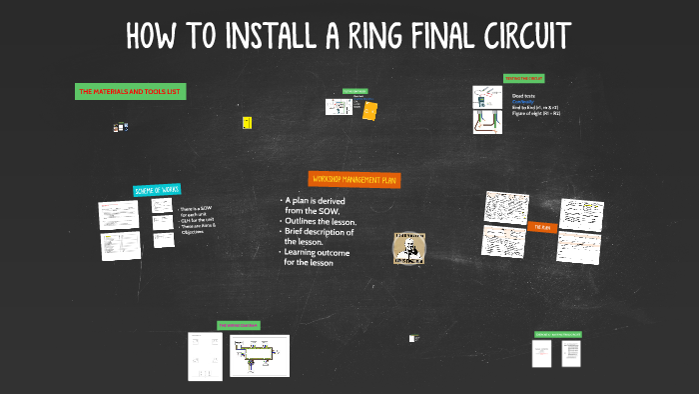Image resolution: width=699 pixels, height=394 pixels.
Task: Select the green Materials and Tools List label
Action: (x=130, y=92)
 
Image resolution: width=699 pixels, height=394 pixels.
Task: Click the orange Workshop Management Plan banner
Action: (x=354, y=179)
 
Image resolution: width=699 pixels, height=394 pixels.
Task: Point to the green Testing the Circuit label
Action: (x=523, y=77)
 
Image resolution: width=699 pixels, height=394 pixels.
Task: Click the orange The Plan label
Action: (x=542, y=227)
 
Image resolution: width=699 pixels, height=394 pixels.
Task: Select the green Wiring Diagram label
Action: (x=239, y=325)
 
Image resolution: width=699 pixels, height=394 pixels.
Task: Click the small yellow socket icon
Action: (x=246, y=122)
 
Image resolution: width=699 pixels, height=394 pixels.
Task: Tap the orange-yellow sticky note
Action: (x=370, y=110)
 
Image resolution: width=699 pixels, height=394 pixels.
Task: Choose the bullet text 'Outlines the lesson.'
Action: (x=320, y=221)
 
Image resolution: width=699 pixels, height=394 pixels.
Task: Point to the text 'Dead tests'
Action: (x=523, y=96)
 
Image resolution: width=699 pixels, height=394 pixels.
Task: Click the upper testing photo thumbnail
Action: (x=486, y=97)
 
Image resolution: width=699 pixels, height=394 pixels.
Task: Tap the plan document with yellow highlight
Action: (x=581, y=213)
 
